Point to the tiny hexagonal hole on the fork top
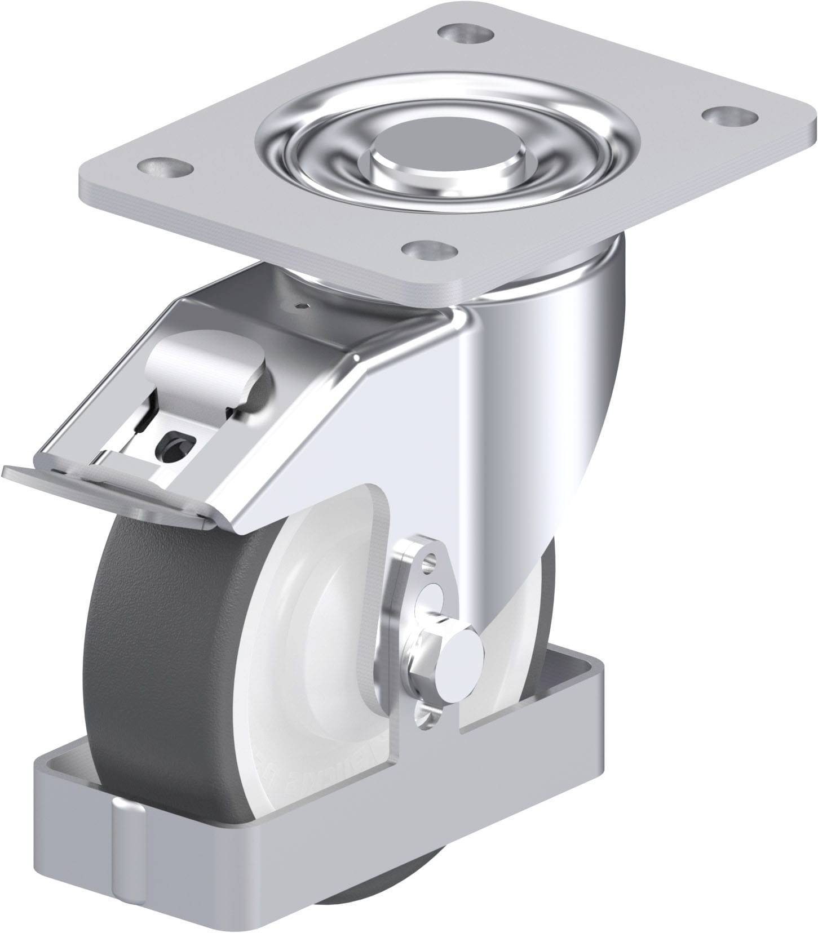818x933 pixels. point(304,306)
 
